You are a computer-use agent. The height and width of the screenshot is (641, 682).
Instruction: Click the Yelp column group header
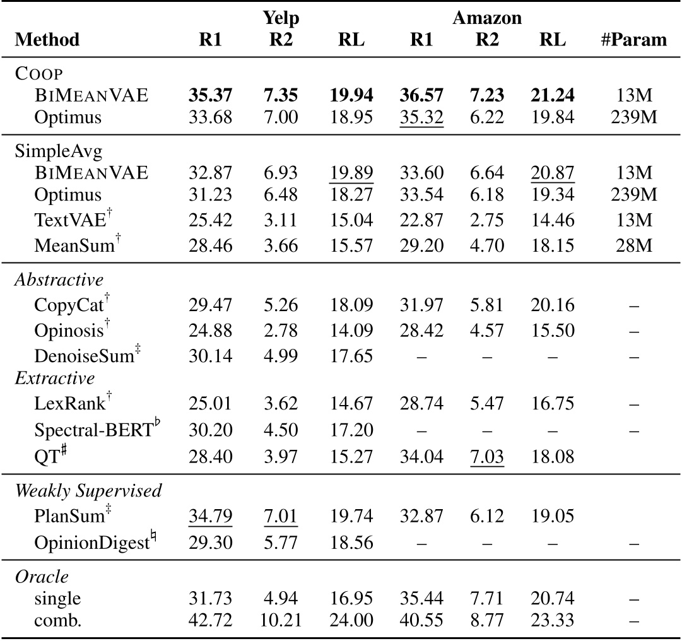pos(281,18)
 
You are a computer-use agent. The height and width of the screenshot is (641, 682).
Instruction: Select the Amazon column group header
pos(487,18)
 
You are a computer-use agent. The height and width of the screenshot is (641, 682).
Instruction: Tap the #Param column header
pos(633,40)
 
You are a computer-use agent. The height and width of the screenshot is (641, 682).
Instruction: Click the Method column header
pos(47,40)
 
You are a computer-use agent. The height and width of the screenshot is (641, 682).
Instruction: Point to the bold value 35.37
pos(210,95)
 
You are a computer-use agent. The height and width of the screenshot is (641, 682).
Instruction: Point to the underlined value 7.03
pos(486,454)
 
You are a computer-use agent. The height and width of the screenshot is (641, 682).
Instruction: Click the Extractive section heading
pos(54,379)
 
